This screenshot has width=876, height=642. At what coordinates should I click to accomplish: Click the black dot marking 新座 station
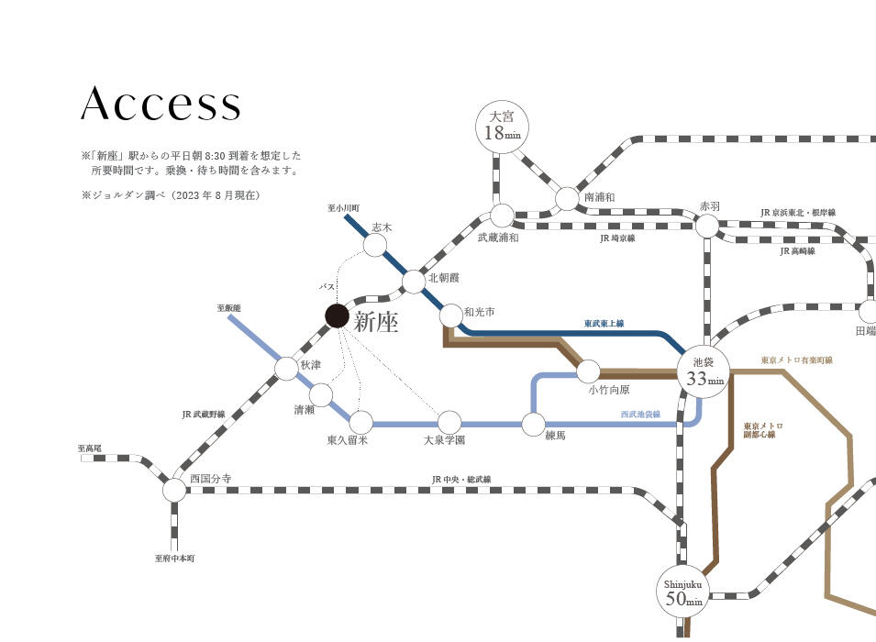[337, 315]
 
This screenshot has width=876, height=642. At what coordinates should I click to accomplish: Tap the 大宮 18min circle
[501, 127]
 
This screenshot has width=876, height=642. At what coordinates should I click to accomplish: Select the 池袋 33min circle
[704, 371]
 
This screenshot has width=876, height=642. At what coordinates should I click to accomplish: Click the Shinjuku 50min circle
[682, 592]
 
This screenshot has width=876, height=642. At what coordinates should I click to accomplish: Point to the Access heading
[161, 104]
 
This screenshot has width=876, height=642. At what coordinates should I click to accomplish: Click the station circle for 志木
[375, 245]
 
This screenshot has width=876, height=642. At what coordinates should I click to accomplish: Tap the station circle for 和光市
[451, 315]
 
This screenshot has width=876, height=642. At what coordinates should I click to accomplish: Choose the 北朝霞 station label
[444, 278]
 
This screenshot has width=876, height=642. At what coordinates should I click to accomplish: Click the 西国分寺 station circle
[174, 490]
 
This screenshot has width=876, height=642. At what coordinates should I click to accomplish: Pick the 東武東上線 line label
[604, 323]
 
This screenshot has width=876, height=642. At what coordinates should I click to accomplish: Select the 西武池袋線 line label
[640, 414]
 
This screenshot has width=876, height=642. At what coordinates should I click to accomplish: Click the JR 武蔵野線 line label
[204, 414]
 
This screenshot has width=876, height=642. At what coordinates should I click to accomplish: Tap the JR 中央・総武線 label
[461, 480]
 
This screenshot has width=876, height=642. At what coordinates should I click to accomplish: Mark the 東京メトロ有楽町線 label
[797, 360]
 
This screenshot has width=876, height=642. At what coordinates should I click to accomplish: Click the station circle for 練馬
[534, 424]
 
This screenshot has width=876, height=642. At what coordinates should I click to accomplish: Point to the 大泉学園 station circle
[449, 423]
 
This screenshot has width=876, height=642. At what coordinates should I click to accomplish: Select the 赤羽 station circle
[706, 226]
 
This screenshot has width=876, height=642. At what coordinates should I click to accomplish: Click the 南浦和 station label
[600, 197]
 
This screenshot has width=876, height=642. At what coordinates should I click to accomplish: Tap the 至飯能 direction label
[228, 308]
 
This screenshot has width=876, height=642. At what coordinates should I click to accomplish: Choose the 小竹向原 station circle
[588, 371]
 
